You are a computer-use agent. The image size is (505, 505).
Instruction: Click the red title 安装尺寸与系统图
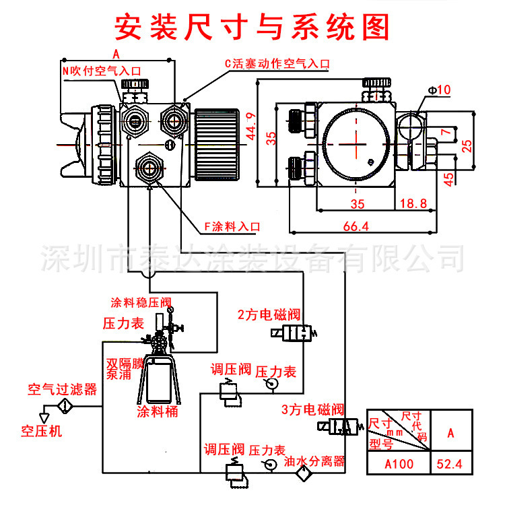click(x=252, y=26)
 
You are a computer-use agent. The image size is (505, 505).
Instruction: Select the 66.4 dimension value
click(x=356, y=227)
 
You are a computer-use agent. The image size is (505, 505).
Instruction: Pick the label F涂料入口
click(x=232, y=226)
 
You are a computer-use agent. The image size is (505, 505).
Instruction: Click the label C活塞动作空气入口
click(x=277, y=64)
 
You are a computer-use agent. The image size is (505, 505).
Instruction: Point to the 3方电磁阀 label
click(x=312, y=409)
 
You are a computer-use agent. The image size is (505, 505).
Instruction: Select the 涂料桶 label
click(x=157, y=411)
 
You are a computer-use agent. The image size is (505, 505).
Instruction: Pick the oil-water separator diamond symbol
click(x=300, y=474)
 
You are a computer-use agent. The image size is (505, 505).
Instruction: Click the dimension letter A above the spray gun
click(x=116, y=53)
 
